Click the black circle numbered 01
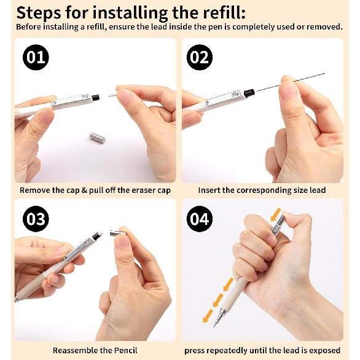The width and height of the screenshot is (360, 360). tap(36, 57)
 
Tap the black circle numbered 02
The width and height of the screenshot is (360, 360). tap(200, 57)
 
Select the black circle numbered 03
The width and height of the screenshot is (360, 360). tap(36, 219)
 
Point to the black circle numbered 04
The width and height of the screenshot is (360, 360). tap(200, 219)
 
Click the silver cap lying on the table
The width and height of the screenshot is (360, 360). tap(97, 138)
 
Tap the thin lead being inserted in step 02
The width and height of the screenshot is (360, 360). tap(291, 82)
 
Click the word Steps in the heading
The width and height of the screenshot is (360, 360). tap(39, 14)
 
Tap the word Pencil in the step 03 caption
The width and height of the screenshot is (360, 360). tap(126, 350)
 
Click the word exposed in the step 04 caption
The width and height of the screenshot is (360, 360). tap(324, 351)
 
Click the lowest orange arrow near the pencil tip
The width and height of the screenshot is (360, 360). tap(208, 316)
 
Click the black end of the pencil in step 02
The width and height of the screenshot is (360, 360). tap(249, 92)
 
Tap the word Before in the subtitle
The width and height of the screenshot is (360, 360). tap(29, 27)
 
